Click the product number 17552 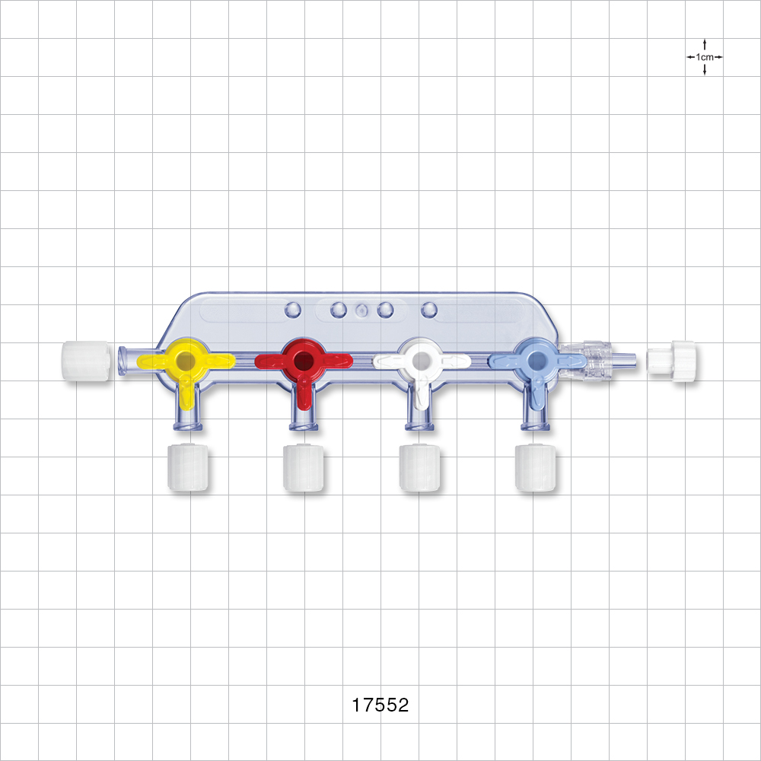[x=380, y=705]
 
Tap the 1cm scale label [x=705, y=57]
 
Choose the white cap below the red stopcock [x=304, y=468]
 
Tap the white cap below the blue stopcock [x=536, y=468]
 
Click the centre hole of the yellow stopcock [x=186, y=359]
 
